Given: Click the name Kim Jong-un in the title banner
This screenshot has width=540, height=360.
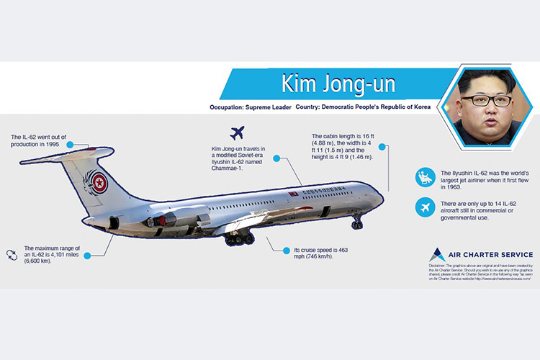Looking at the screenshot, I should point(338,85).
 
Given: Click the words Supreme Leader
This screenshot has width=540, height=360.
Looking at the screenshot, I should point(260,107).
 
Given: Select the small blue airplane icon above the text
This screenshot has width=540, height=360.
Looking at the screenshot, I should point(237,133).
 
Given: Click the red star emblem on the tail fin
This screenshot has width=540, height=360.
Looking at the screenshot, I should point(100,183).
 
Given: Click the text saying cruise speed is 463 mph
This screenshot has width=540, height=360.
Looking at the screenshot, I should point(320,253).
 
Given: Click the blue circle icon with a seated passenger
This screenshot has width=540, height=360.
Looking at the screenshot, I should point(426,177).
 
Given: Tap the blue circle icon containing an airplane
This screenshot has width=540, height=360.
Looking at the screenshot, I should point(426,208).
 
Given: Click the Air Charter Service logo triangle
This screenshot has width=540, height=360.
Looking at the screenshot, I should point(436,254).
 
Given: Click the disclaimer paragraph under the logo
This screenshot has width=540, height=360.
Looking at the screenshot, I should point(480,276).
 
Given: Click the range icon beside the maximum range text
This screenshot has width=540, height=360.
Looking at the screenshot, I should point(11,253).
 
